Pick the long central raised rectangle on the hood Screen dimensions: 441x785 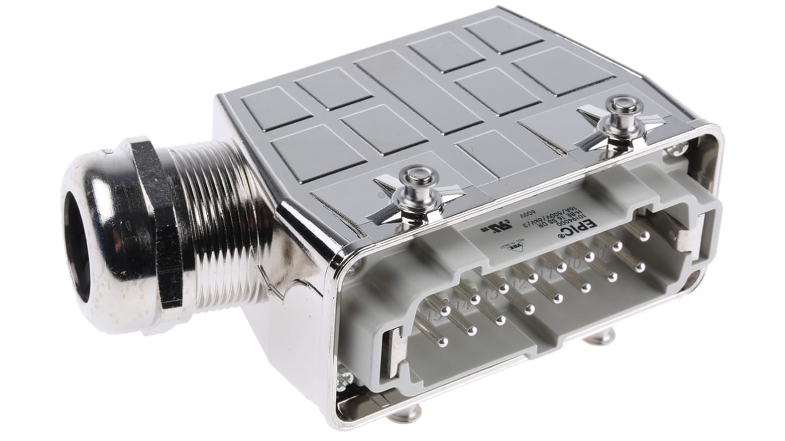coord(418,92)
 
